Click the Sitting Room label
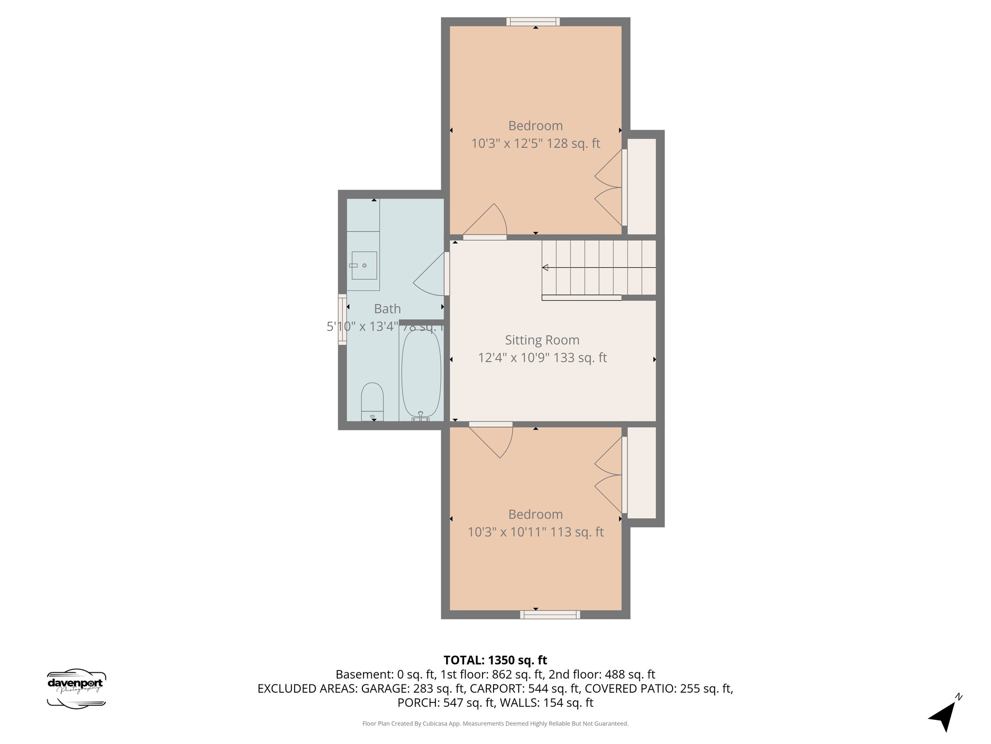(x=542, y=340)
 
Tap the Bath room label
(x=387, y=309)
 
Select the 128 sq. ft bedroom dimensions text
(x=535, y=143)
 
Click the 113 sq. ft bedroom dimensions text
(x=535, y=532)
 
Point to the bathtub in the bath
(x=421, y=373)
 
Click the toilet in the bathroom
(x=372, y=402)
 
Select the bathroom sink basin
(x=364, y=265)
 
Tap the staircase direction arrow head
(x=545, y=267)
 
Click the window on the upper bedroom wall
(x=533, y=21)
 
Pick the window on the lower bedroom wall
(x=550, y=615)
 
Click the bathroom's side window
(x=342, y=319)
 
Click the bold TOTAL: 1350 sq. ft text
(x=495, y=660)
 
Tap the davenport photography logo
(x=76, y=688)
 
